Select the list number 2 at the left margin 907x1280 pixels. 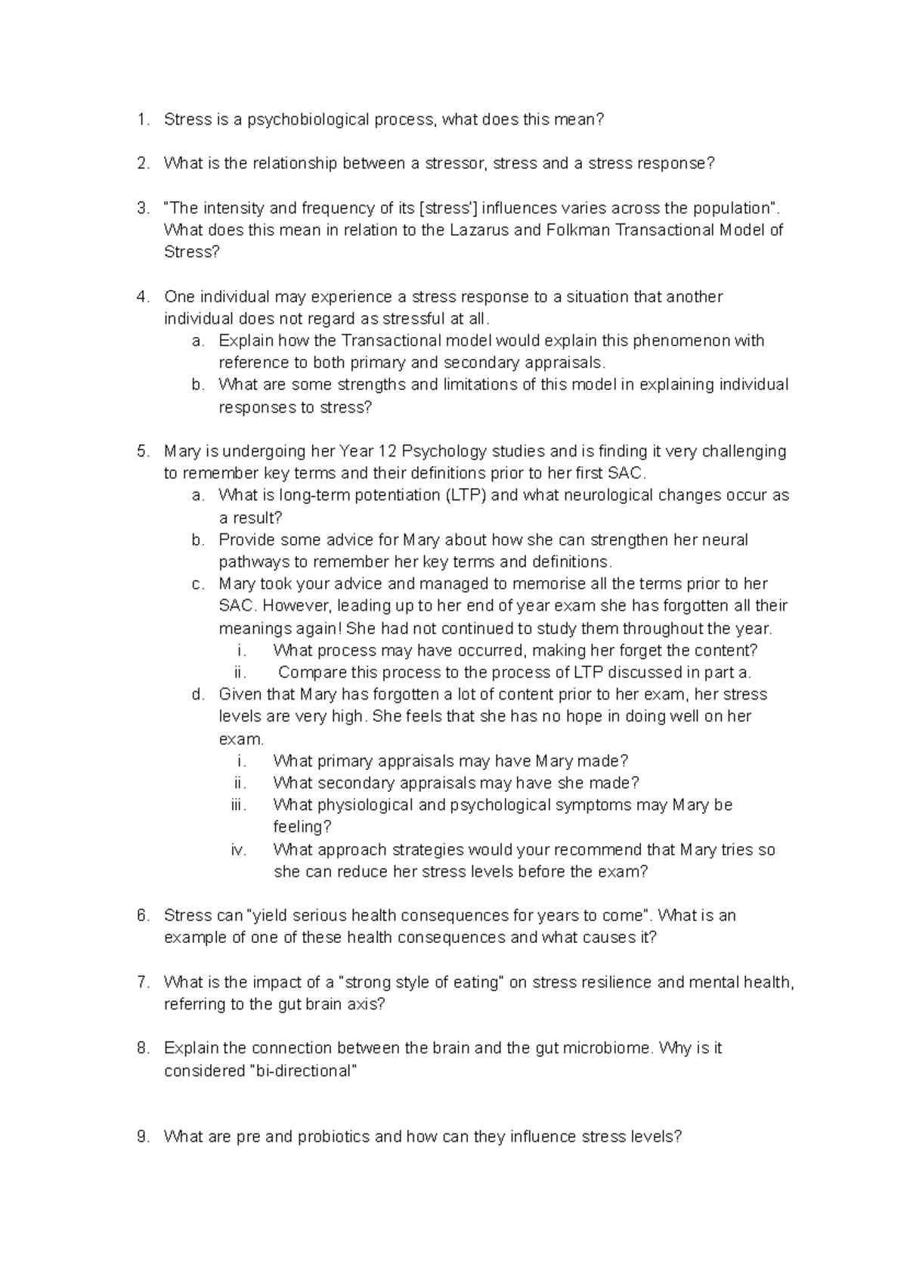(x=143, y=163)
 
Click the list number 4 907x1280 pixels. (x=143, y=297)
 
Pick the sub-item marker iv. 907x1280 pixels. (x=239, y=849)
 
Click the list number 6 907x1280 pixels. (x=143, y=916)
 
